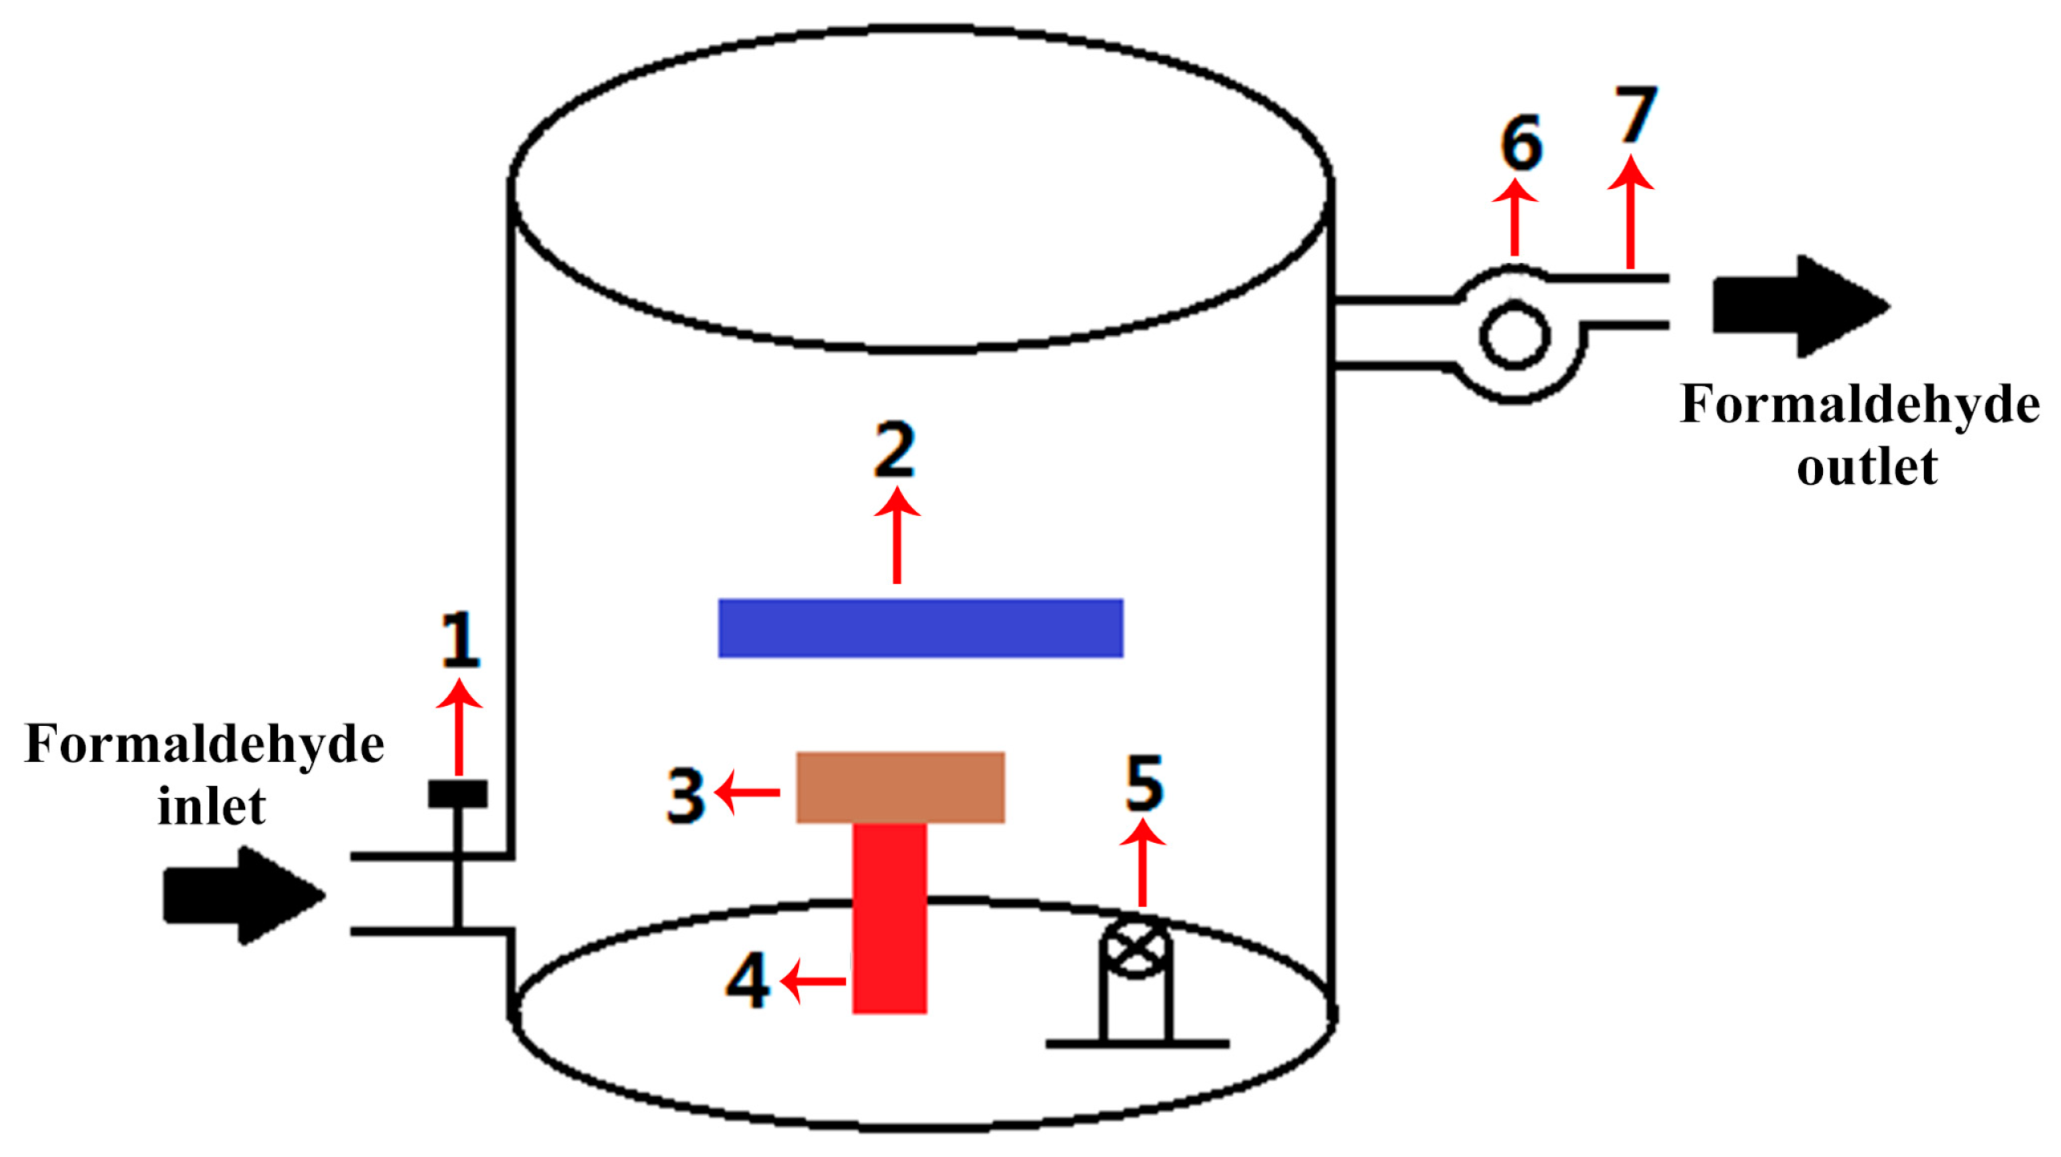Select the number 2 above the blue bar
point(895,449)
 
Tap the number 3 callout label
point(686,796)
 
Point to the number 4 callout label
point(747,980)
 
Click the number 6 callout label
point(1521,143)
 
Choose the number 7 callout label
point(1635,115)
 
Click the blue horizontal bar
point(920,628)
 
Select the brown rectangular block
point(900,787)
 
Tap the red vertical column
point(889,918)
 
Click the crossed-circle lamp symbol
point(1135,948)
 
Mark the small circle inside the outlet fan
point(1514,336)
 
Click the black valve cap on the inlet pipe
point(458,794)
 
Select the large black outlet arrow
point(1800,306)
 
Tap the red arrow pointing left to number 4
point(813,981)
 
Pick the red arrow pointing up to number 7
point(1630,212)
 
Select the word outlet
point(1866,467)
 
